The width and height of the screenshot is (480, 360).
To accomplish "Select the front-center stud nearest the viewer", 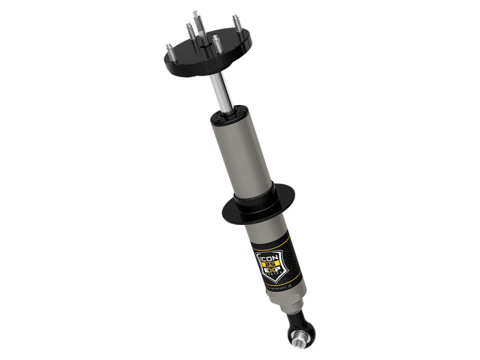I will (x=216, y=44).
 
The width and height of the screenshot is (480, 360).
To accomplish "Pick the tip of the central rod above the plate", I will (x=195, y=13).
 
